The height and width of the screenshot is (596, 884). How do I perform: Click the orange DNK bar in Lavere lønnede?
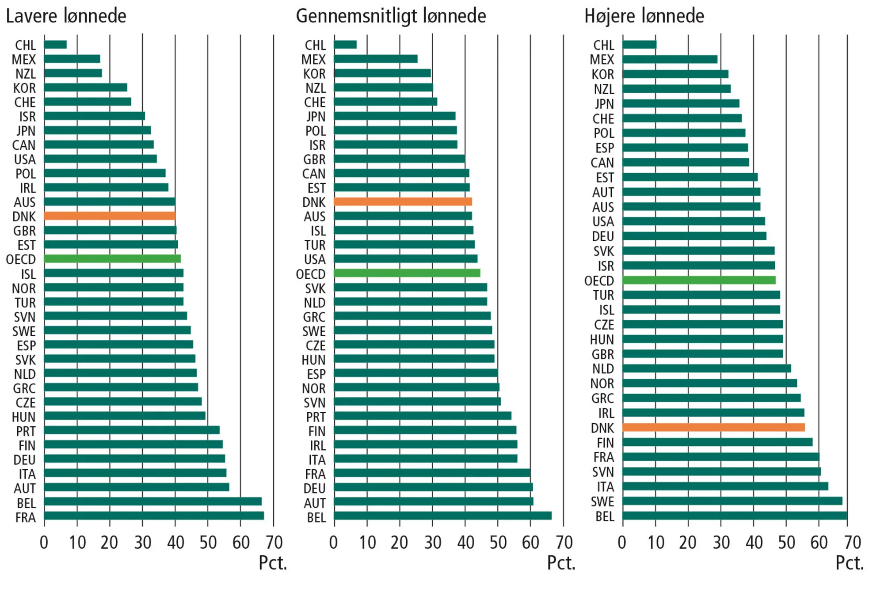(110, 216)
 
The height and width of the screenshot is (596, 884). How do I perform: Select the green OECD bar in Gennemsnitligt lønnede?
(407, 273)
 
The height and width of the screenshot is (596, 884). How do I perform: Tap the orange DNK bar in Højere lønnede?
(713, 427)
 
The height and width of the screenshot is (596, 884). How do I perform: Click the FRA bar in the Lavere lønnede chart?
(154, 516)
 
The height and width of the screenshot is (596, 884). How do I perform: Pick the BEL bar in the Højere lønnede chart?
(735, 516)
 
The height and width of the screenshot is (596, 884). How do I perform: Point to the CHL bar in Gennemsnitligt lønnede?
(345, 45)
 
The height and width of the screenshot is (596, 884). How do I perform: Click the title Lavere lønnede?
(66, 16)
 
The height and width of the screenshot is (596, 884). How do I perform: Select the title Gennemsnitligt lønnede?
(391, 16)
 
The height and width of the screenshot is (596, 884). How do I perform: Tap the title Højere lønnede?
(644, 16)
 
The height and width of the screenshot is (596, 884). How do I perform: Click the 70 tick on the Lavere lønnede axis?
(274, 543)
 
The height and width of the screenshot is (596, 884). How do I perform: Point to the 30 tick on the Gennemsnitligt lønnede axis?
(433, 543)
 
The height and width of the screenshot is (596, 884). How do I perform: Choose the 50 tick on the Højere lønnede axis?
(786, 543)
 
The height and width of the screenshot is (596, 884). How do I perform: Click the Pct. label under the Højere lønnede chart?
(849, 563)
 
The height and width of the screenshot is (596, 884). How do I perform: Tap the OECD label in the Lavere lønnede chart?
(21, 259)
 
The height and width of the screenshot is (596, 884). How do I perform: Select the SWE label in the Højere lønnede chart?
(602, 502)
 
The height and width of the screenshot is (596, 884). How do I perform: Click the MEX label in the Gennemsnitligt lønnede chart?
(313, 60)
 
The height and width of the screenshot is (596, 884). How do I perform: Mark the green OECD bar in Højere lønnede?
(699, 280)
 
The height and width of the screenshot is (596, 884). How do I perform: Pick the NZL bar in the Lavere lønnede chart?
(73, 73)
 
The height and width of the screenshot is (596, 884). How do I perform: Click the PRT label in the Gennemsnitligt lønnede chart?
(316, 417)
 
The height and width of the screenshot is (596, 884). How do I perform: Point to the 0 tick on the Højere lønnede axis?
(622, 543)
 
